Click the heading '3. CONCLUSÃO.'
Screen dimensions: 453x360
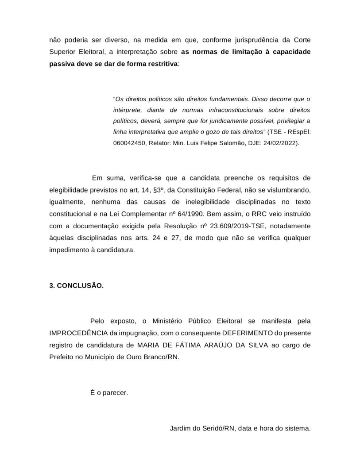[76, 286]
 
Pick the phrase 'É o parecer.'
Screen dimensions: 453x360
[109, 392]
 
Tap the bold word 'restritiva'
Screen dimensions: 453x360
[161, 63]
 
